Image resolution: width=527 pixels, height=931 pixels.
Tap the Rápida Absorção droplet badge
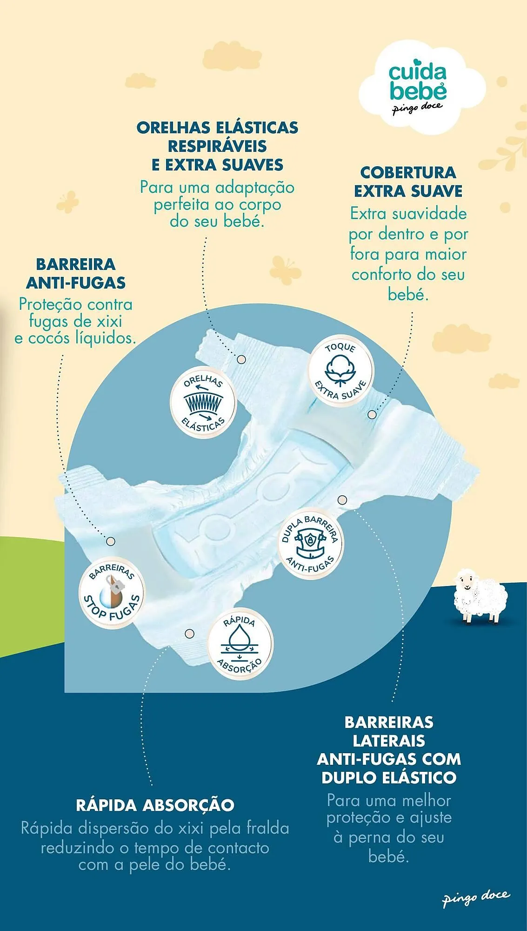[240, 644]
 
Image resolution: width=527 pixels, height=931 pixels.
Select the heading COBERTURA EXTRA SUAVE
[408, 182]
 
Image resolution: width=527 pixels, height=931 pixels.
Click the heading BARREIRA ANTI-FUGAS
[76, 273]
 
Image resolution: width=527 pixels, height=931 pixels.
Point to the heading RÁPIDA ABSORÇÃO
[155, 805]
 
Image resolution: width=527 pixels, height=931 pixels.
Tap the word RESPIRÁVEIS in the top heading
[217, 146]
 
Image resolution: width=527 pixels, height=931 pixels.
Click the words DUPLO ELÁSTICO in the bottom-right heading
[389, 777]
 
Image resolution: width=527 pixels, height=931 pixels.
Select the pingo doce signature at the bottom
[475, 897]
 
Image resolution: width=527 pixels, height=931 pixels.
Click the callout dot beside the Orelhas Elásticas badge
[241, 359]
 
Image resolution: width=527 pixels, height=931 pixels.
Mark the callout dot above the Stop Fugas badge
[111, 541]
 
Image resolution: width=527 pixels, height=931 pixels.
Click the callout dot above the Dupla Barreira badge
[342, 500]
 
